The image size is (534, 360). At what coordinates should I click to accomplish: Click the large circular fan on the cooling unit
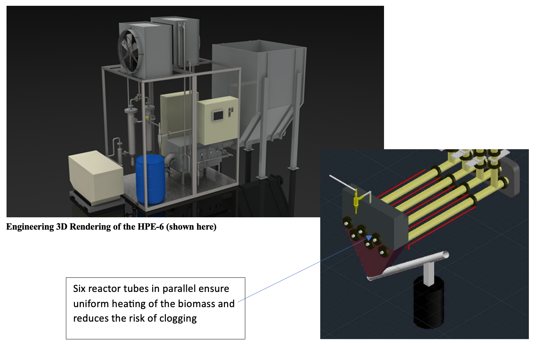pos(131,52)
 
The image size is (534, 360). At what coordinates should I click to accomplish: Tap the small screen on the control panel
pos(218,116)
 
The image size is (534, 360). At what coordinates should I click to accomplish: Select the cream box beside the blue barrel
pos(96,178)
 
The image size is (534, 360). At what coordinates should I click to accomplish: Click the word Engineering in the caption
pos(30,227)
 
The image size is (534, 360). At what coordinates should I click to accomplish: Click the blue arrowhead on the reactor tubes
pos(369,238)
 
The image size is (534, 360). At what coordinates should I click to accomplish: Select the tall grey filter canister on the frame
pos(130,130)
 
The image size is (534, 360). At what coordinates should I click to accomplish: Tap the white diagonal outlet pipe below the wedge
pos(409,265)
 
